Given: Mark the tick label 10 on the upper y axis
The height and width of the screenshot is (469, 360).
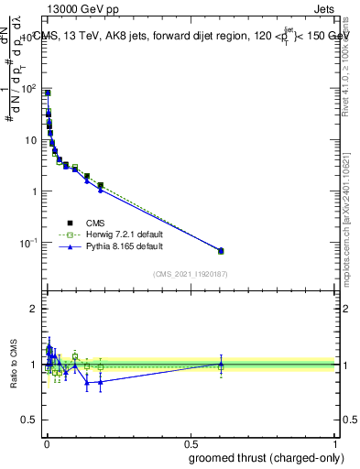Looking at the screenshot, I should (30, 141).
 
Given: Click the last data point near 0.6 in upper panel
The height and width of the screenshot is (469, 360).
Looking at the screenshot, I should (221, 250).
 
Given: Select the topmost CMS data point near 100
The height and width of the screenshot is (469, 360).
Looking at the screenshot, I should (48, 93).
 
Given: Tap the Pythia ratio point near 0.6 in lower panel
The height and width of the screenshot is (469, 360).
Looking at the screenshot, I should (221, 364).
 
